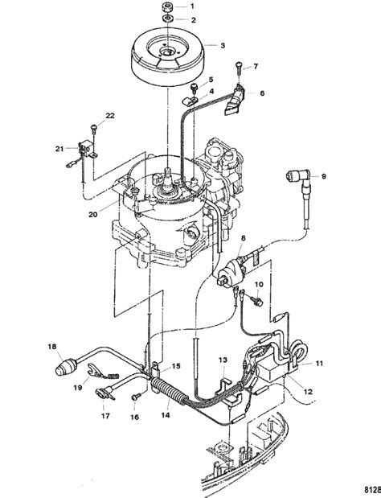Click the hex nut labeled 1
[x=167, y=6]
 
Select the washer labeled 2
[x=167, y=19]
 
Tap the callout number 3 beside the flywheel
[x=223, y=45]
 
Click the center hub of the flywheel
[x=167, y=51]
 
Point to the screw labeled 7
[x=239, y=68]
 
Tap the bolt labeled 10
[x=256, y=301]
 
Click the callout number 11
[x=319, y=363]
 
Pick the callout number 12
[x=308, y=391]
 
